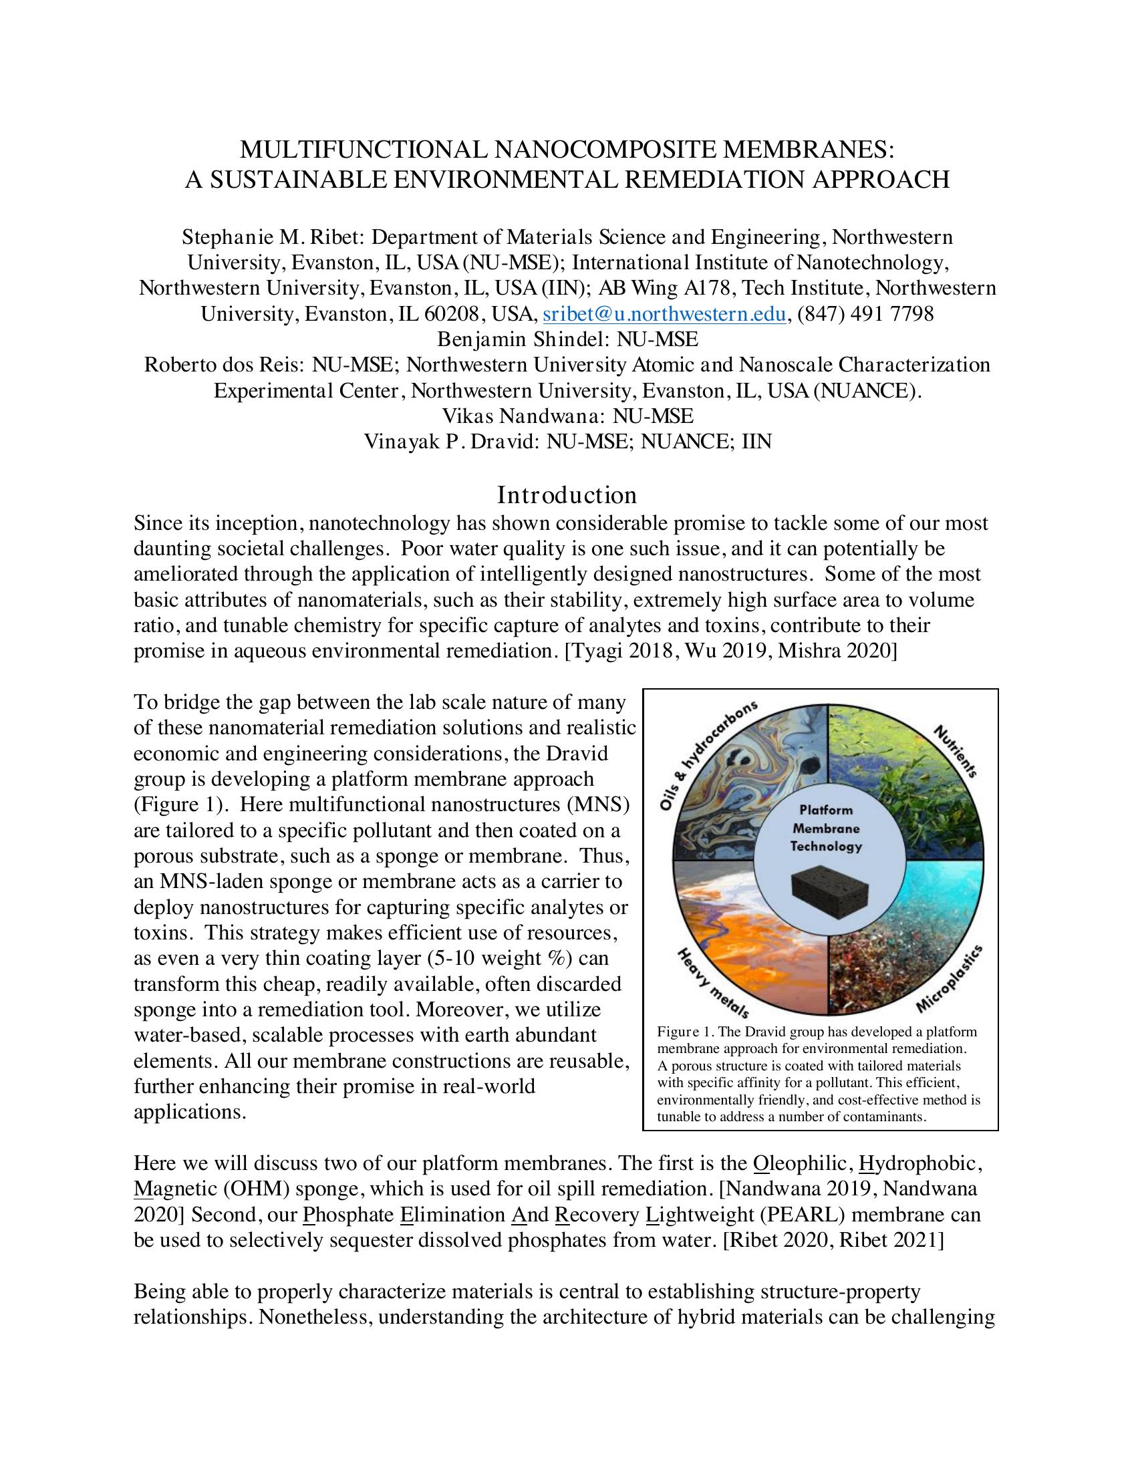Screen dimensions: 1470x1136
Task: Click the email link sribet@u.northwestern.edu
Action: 664,314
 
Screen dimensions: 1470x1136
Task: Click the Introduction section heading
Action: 567,495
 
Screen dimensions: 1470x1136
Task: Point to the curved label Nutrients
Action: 955,751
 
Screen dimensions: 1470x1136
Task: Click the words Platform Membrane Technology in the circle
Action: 826,828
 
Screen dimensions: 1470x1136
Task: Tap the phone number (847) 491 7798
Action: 865,314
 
